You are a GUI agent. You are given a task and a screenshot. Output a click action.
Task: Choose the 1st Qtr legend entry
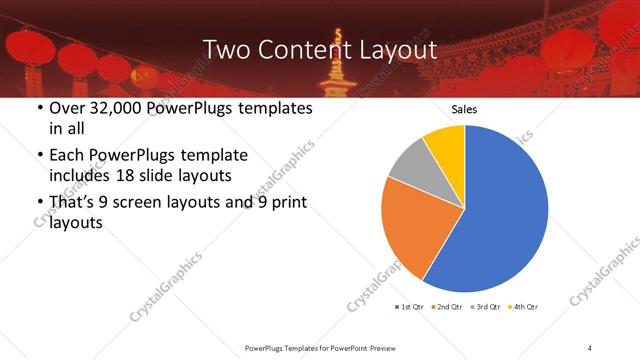pos(412,306)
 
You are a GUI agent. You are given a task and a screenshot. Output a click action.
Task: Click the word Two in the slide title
pos(225,49)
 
